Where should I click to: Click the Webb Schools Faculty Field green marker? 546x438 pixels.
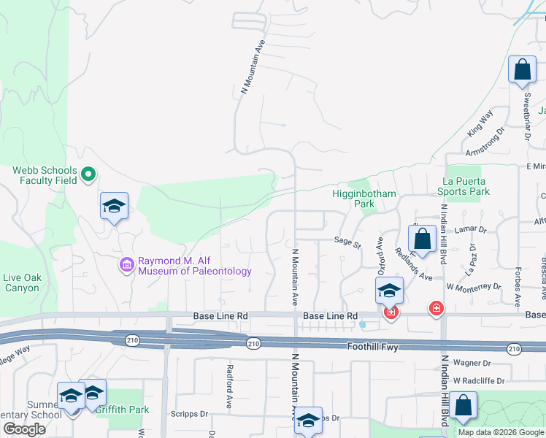[x=88, y=174]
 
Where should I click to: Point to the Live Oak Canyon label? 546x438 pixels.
[x=21, y=283]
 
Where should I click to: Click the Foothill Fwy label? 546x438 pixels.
[x=369, y=347]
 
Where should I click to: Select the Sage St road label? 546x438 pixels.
[x=347, y=241]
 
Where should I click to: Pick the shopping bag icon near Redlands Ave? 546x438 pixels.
[x=423, y=238]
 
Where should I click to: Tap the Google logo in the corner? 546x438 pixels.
[x=24, y=429]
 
